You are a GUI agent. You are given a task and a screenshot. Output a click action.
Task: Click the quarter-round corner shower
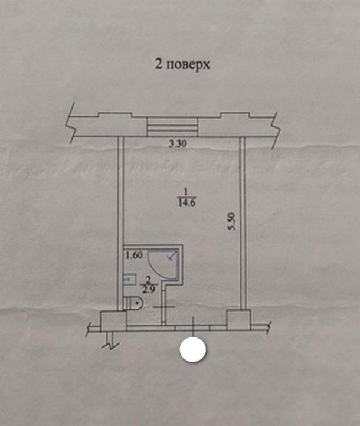coord(163,262)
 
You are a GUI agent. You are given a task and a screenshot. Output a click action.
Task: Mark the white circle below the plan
coord(192,349)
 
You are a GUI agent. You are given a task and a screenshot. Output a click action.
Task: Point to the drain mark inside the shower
coord(171,256)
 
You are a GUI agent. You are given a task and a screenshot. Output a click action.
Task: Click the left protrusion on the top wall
coord(115,116)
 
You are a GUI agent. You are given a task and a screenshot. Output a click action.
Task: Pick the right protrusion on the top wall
coord(238,116)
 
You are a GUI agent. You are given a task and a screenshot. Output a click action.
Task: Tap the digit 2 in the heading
coord(158,64)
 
